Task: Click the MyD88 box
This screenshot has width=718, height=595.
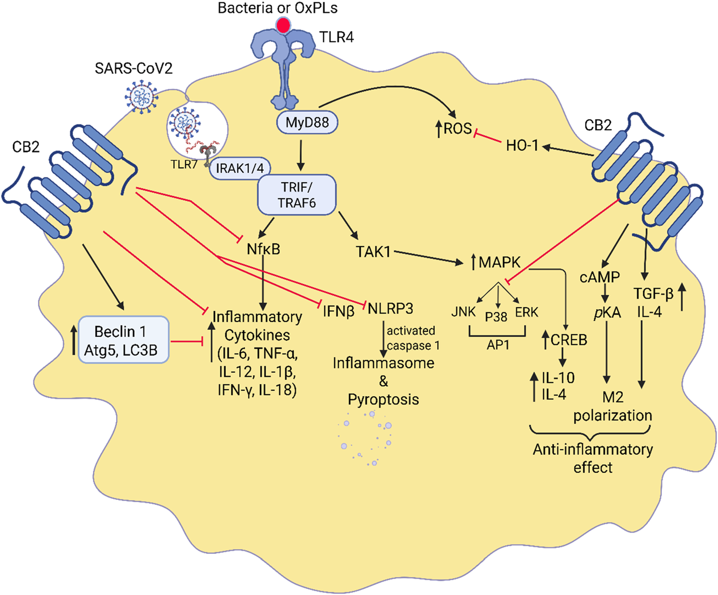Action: tap(307, 122)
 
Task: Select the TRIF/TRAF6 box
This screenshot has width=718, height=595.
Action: tap(296, 195)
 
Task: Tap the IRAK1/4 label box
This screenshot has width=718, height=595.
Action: tap(240, 168)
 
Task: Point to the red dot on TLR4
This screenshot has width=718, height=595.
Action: tap(283, 25)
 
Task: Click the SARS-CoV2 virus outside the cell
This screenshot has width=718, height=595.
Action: tap(141, 97)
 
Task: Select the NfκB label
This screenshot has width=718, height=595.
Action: tap(263, 249)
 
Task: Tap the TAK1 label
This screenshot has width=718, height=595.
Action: tap(373, 252)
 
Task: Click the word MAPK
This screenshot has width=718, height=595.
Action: tap(499, 262)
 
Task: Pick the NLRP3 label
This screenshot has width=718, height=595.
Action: tap(390, 308)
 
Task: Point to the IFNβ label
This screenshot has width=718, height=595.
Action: tap(338, 311)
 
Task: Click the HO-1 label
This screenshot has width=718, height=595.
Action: tap(522, 145)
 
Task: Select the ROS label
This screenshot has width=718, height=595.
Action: tap(457, 129)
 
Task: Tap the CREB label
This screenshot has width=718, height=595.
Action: tap(569, 340)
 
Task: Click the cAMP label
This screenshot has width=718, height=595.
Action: tap(599, 277)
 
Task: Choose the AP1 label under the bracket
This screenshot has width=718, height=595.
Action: tap(498, 345)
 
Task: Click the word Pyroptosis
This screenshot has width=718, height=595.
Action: tap(383, 399)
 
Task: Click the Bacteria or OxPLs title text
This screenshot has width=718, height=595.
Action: tap(278, 8)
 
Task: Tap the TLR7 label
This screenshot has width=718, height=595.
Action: tap(184, 165)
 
